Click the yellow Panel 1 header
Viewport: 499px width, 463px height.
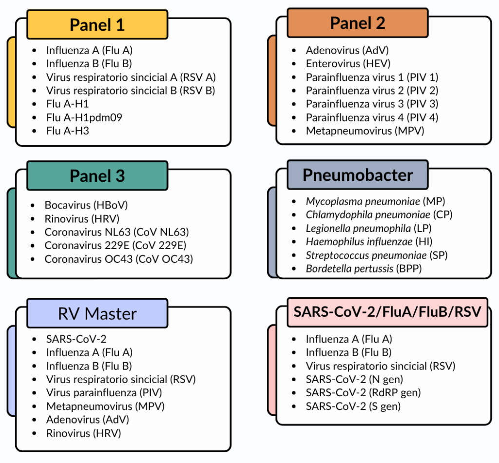[97, 24]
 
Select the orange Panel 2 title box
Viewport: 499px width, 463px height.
[357, 23]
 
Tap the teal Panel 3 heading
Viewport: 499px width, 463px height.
[97, 175]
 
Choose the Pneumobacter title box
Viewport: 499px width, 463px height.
[357, 174]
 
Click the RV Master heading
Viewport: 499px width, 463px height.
[97, 313]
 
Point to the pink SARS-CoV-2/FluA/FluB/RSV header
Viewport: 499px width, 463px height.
[387, 312]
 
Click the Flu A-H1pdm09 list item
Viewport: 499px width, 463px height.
[84, 117]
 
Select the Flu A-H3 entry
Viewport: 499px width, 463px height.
[67, 131]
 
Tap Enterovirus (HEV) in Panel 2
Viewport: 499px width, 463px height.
[348, 64]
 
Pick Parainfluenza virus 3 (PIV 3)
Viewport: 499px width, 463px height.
[372, 104]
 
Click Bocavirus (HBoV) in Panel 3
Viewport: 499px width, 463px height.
[86, 205]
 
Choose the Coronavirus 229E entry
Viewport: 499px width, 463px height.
[115, 245]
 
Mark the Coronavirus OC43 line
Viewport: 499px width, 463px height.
[119, 259]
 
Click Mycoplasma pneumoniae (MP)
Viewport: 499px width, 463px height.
[376, 201]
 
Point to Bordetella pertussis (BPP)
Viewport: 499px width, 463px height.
[364, 269]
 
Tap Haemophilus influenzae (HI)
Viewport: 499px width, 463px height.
[369, 242]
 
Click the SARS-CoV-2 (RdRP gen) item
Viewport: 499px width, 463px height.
[363, 393]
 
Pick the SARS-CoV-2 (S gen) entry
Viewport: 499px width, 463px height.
[353, 406]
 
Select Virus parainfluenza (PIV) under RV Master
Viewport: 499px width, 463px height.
[104, 393]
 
